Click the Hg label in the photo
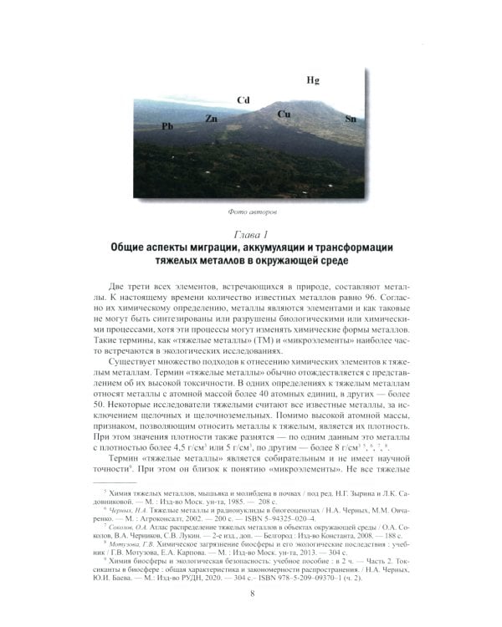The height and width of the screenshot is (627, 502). coord(312,81)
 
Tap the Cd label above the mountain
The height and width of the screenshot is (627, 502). coord(243,100)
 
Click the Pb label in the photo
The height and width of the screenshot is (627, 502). coord(167,126)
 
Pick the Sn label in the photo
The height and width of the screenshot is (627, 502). coord(351,120)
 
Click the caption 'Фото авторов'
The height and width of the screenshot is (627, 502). coord(253,212)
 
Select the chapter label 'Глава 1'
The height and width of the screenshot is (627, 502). coord(252,233)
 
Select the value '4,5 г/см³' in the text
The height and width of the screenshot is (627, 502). coord(197,448)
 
